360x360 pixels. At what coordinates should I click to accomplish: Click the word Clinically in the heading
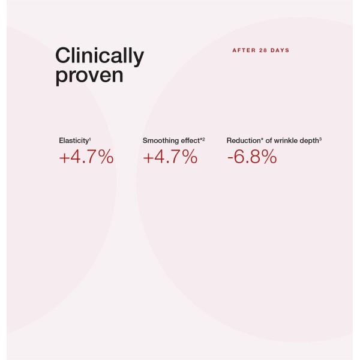pos(100,57)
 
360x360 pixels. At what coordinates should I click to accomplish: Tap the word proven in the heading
pos(89,76)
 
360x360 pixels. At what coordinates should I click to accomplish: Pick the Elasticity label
pos(74,140)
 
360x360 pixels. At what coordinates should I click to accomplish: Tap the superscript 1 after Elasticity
pos(90,139)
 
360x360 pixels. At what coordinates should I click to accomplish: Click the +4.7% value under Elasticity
pos(86,157)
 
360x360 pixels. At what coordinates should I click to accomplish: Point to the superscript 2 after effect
pos(203,139)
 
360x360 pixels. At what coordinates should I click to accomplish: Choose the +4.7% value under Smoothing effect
pos(170,157)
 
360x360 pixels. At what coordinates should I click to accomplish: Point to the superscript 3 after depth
pos(321,139)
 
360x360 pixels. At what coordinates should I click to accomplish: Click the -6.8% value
pos(251,157)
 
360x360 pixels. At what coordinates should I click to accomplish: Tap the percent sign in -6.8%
pos(268,157)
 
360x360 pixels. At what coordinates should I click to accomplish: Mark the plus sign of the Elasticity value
pos(64,158)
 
